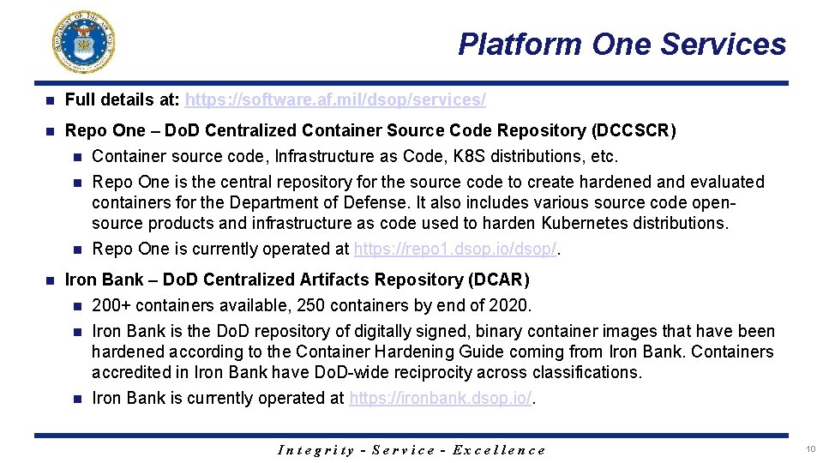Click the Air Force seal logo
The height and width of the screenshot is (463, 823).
point(83,41)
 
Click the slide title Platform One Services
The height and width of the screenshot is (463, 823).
point(622,44)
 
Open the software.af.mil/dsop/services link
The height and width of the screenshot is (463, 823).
point(335,100)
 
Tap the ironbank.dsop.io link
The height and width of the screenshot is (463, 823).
point(441,399)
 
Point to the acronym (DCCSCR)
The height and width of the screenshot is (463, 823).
point(634,131)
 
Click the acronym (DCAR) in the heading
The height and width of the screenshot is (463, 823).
point(498,280)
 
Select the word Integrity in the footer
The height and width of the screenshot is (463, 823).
point(316,450)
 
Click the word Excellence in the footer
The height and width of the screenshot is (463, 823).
point(498,450)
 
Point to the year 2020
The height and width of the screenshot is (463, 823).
point(511,306)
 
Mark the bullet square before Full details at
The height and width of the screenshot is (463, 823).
point(50,100)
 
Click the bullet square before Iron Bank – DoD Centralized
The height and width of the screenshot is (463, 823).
point(50,280)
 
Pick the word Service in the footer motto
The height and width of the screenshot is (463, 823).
point(402,450)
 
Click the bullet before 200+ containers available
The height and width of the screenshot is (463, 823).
point(78,306)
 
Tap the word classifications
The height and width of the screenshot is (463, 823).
point(588,373)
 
